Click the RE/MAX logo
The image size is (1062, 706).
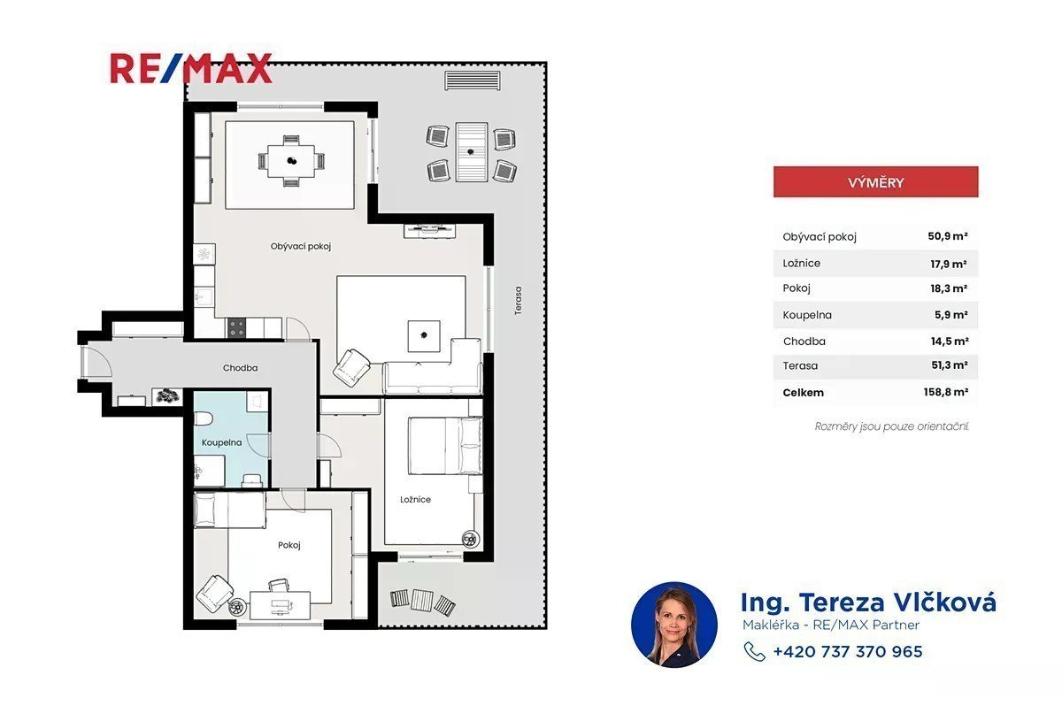190,69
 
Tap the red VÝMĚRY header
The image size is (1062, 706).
875,182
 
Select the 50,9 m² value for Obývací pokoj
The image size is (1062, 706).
947,236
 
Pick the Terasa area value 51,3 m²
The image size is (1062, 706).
949,365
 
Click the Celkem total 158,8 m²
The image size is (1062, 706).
946,392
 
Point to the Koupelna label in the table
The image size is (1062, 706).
807,315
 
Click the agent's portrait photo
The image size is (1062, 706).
674,625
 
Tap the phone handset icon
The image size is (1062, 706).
754,651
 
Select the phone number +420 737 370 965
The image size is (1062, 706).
848,651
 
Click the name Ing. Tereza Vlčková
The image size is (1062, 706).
868,602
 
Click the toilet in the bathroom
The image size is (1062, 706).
203,418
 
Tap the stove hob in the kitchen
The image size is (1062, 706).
236,327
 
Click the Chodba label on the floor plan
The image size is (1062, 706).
241,368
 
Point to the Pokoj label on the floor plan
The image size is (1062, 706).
289,545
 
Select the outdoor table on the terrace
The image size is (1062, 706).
471,152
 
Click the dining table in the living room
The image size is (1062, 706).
291,161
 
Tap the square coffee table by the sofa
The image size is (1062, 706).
424,336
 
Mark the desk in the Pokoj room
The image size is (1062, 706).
281,604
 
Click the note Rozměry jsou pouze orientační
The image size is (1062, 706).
891,426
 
